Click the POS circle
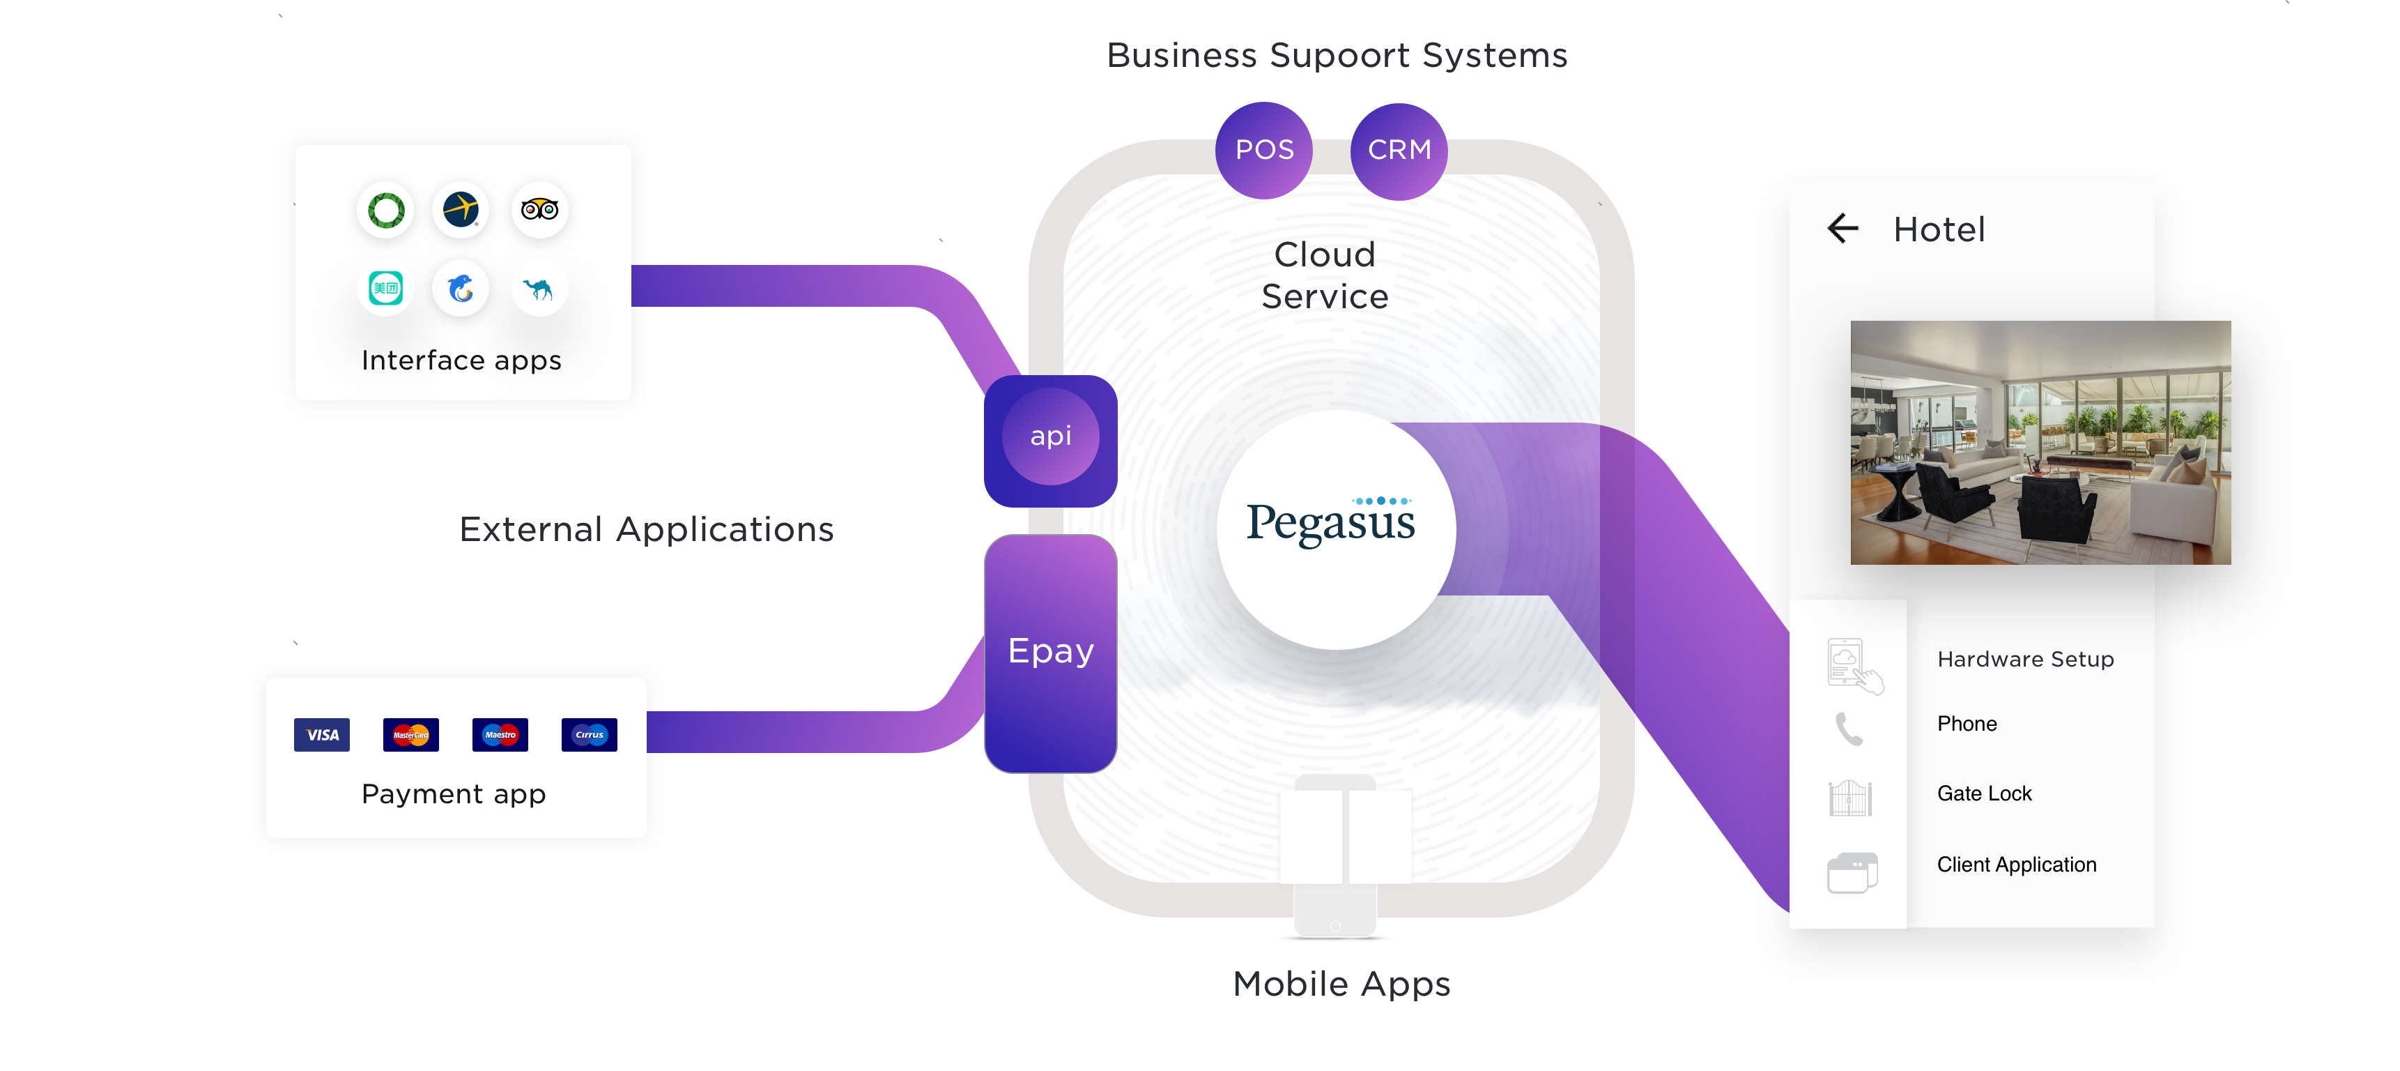1263,150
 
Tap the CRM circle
1399,150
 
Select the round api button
1050,436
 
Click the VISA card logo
321,734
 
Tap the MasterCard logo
411,734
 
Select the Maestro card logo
500,734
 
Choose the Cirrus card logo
589,734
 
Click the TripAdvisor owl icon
539,210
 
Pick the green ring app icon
386,210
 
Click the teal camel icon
539,289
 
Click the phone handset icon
1849,728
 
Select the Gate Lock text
1983,793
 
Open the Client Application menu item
2016,864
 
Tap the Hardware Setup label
2024,659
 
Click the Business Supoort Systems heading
1336,56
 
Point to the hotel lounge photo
2040,443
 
